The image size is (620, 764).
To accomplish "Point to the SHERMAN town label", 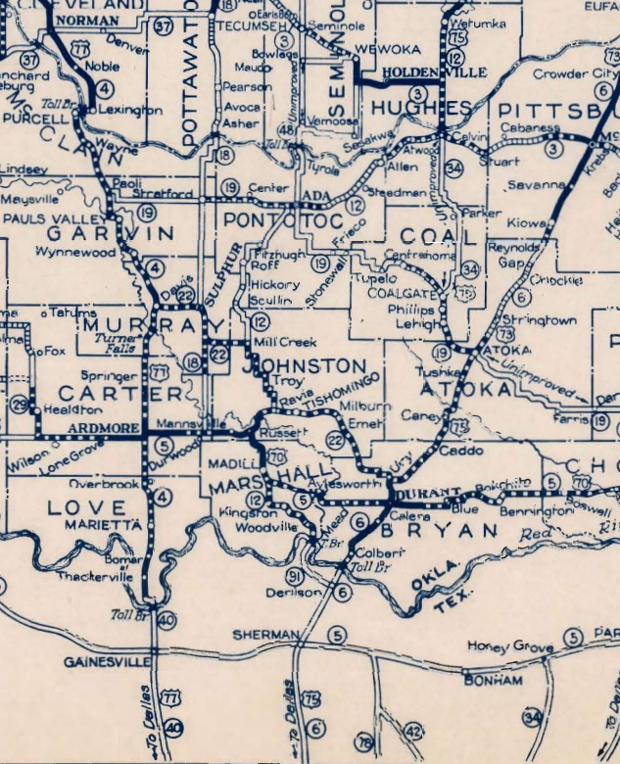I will click(x=264, y=636).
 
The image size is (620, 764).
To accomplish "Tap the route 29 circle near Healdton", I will click(x=19, y=404).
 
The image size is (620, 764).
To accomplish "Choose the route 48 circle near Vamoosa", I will click(x=287, y=129).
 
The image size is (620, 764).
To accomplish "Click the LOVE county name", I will click(x=87, y=508).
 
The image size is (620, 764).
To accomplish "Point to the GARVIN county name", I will click(x=110, y=234).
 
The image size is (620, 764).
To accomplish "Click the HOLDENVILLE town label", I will click(x=420, y=72).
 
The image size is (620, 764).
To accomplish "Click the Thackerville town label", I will click(x=94, y=577).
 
